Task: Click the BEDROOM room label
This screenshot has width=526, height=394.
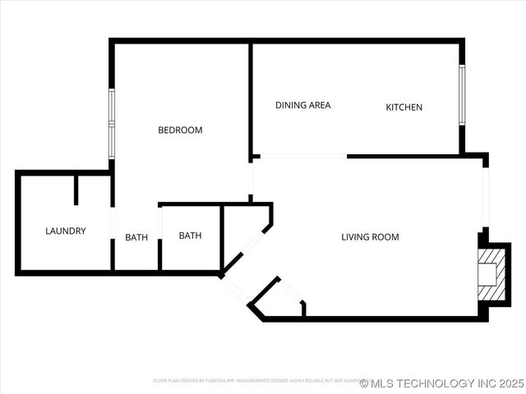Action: [180, 130]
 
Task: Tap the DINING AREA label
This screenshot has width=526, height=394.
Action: [302, 105]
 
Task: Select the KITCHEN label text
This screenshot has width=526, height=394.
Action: [404, 108]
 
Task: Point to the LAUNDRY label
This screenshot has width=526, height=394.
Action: [66, 231]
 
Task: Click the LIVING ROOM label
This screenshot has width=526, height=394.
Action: [370, 237]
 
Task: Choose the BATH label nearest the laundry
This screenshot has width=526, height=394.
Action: [136, 238]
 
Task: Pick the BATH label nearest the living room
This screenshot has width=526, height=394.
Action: [190, 236]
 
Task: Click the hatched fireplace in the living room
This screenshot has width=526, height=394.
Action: [489, 274]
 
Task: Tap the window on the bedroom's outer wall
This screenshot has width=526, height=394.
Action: [111, 122]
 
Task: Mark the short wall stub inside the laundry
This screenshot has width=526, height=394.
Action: [76, 189]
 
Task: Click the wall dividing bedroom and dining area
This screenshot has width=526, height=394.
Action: [250, 98]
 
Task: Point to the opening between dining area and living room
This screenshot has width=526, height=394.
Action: [300, 156]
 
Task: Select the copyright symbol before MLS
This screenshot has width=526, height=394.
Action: [364, 383]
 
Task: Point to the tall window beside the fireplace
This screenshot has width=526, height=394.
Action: [486, 197]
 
